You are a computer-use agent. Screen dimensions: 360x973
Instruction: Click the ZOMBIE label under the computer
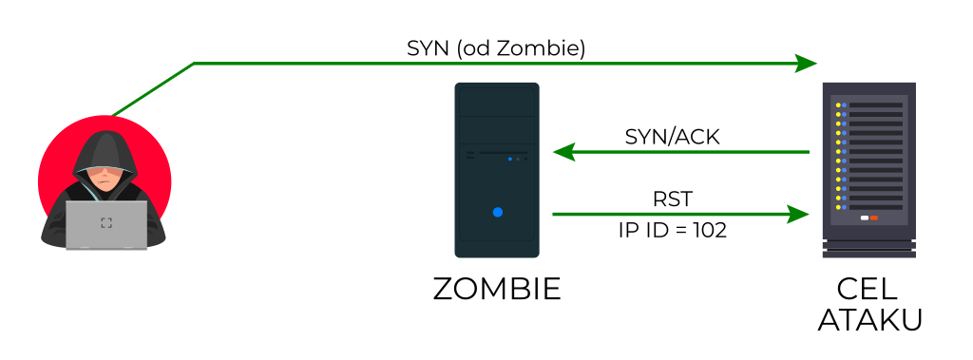coord(497,289)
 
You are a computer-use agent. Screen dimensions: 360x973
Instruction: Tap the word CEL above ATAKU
coord(868,289)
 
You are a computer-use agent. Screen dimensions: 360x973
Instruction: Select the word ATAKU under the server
coord(868,319)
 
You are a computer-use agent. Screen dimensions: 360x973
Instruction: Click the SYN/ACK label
coord(672,137)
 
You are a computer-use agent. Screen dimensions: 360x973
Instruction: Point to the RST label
coord(672,199)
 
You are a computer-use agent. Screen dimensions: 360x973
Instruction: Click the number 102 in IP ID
coord(707,230)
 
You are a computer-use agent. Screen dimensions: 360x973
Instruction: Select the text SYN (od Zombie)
coord(495,47)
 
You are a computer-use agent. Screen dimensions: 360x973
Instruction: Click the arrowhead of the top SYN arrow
coord(807,64)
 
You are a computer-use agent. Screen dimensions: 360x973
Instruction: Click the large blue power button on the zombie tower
coord(497,212)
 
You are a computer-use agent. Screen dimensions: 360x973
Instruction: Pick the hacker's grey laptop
coord(105,224)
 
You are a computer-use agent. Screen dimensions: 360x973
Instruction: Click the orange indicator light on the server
coord(873,218)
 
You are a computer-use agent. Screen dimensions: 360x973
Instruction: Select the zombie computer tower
coord(497,171)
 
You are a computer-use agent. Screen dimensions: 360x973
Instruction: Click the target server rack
coord(868,171)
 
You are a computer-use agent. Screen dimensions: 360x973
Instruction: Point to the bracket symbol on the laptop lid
coord(106,223)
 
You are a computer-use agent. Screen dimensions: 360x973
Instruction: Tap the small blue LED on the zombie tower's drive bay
coord(510,160)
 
